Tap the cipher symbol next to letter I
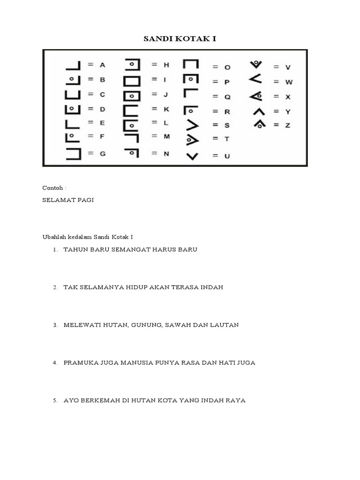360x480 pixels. coord(132,80)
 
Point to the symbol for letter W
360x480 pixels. coord(255,81)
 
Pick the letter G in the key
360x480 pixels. coord(102,154)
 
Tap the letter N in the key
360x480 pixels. coord(166,153)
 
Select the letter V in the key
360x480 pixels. coord(288,67)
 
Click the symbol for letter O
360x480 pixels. coord(191,66)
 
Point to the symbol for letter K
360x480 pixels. coord(132,111)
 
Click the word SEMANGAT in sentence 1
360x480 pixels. coord(131,249)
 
